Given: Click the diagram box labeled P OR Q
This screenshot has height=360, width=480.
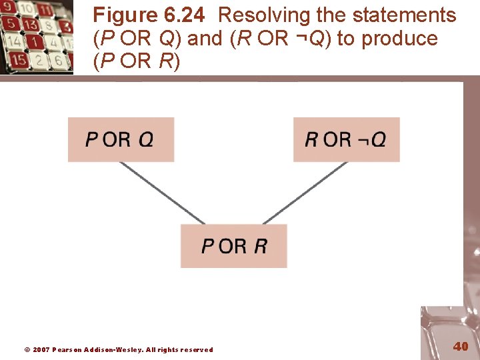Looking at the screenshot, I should [121, 139].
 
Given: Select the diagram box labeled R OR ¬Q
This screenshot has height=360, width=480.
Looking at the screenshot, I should [346, 139].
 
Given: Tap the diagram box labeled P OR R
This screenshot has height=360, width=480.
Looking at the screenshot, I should [234, 246].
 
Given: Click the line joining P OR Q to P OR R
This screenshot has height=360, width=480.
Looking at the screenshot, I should [162, 193].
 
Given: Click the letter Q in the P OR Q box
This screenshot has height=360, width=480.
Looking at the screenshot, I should [147, 139].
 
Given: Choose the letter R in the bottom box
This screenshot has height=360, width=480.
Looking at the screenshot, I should [261, 246].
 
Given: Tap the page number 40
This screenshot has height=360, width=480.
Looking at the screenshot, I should [461, 346].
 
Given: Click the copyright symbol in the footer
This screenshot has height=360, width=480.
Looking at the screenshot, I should [27, 349].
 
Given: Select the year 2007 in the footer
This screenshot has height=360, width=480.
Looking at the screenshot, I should [41, 349].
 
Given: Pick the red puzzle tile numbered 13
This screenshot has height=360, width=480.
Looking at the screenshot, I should [30, 25].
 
